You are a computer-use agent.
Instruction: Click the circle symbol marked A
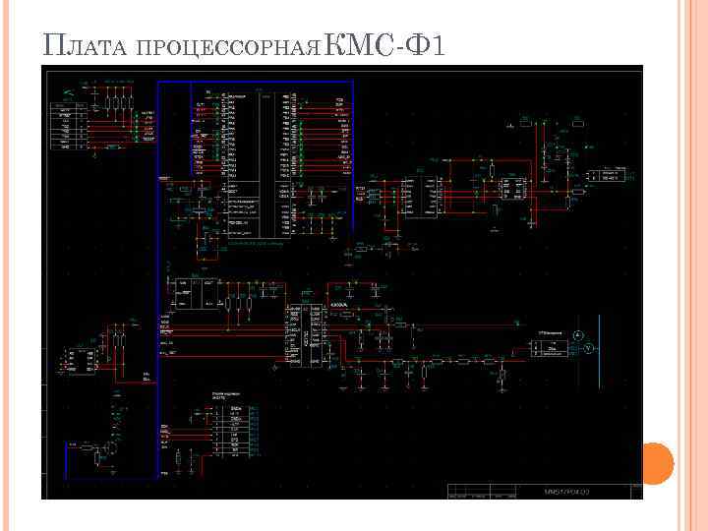coord(579,336)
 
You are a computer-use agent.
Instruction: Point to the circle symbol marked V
coord(588,350)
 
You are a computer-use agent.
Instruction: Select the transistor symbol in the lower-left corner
coord(112,447)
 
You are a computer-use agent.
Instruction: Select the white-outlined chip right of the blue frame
coord(427,197)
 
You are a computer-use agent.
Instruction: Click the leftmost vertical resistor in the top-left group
coord(105,104)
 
